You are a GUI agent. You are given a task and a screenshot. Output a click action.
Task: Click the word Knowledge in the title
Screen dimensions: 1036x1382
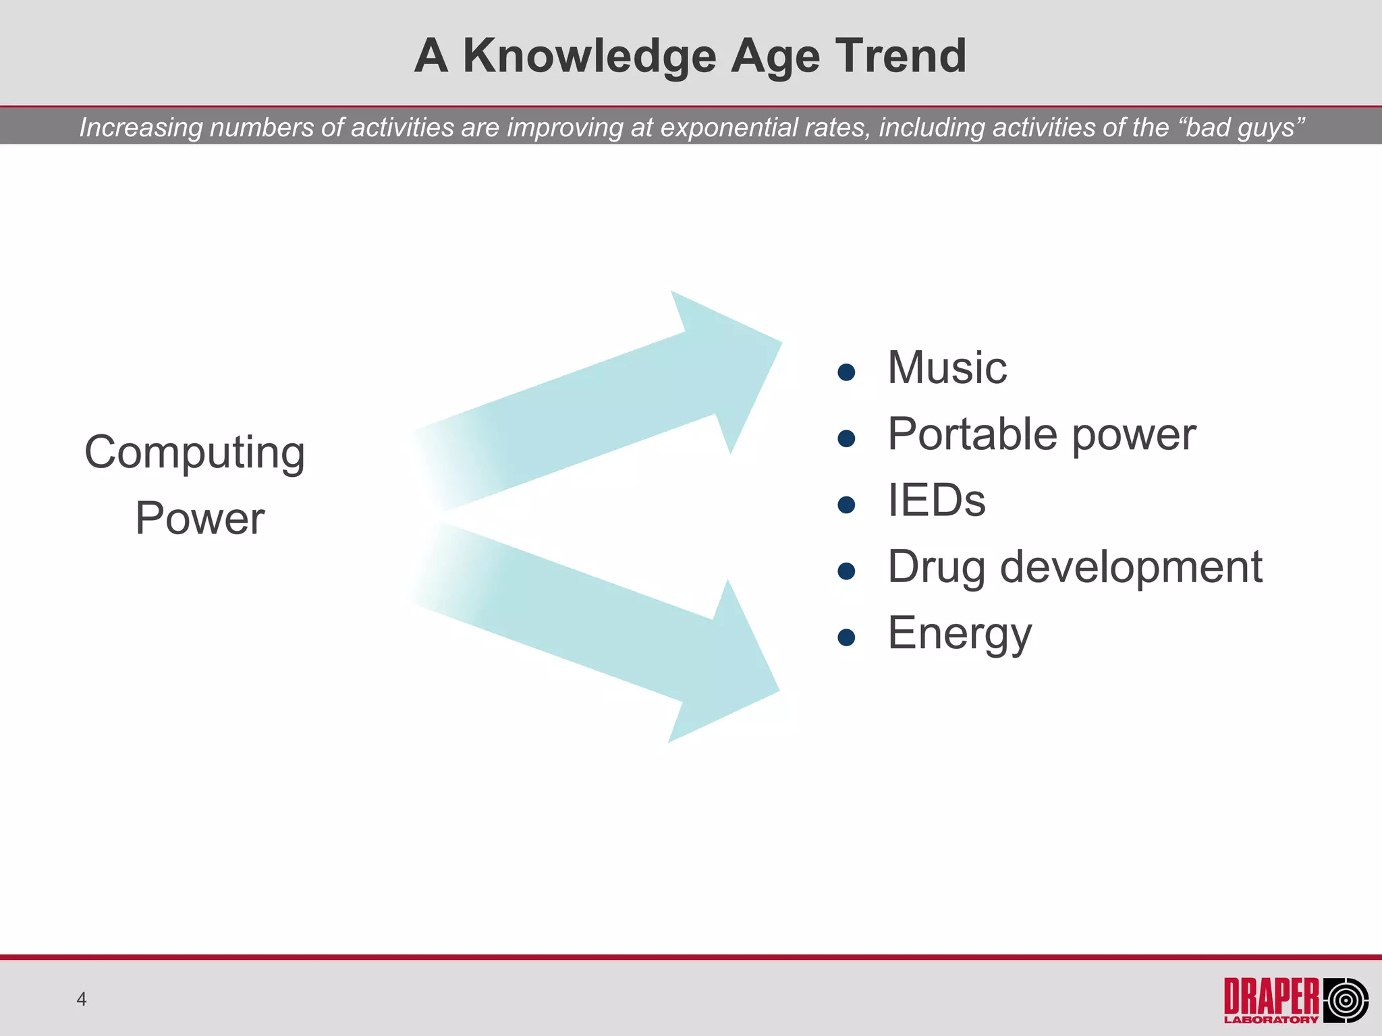pos(589,55)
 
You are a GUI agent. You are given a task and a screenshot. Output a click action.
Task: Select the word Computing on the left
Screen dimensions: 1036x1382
pos(194,452)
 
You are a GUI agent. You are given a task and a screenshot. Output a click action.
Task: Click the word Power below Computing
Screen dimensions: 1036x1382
pos(200,518)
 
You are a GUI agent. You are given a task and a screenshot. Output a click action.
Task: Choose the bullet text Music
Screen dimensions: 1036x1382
pos(947,368)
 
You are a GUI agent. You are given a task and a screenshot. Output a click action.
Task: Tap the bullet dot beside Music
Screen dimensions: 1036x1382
pos(846,372)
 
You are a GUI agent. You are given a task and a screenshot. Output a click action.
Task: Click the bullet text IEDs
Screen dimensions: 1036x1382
pos(937,500)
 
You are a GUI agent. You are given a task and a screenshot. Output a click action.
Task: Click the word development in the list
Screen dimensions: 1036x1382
pos(1131,567)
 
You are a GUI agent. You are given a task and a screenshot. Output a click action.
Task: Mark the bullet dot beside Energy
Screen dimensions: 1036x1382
pos(846,638)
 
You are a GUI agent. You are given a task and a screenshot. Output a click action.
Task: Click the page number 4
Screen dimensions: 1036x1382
pos(82,999)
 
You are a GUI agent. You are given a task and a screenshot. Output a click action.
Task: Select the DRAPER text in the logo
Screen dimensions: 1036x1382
pos(1271,996)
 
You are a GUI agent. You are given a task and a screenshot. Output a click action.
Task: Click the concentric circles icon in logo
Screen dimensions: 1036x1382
pos(1345,1000)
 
